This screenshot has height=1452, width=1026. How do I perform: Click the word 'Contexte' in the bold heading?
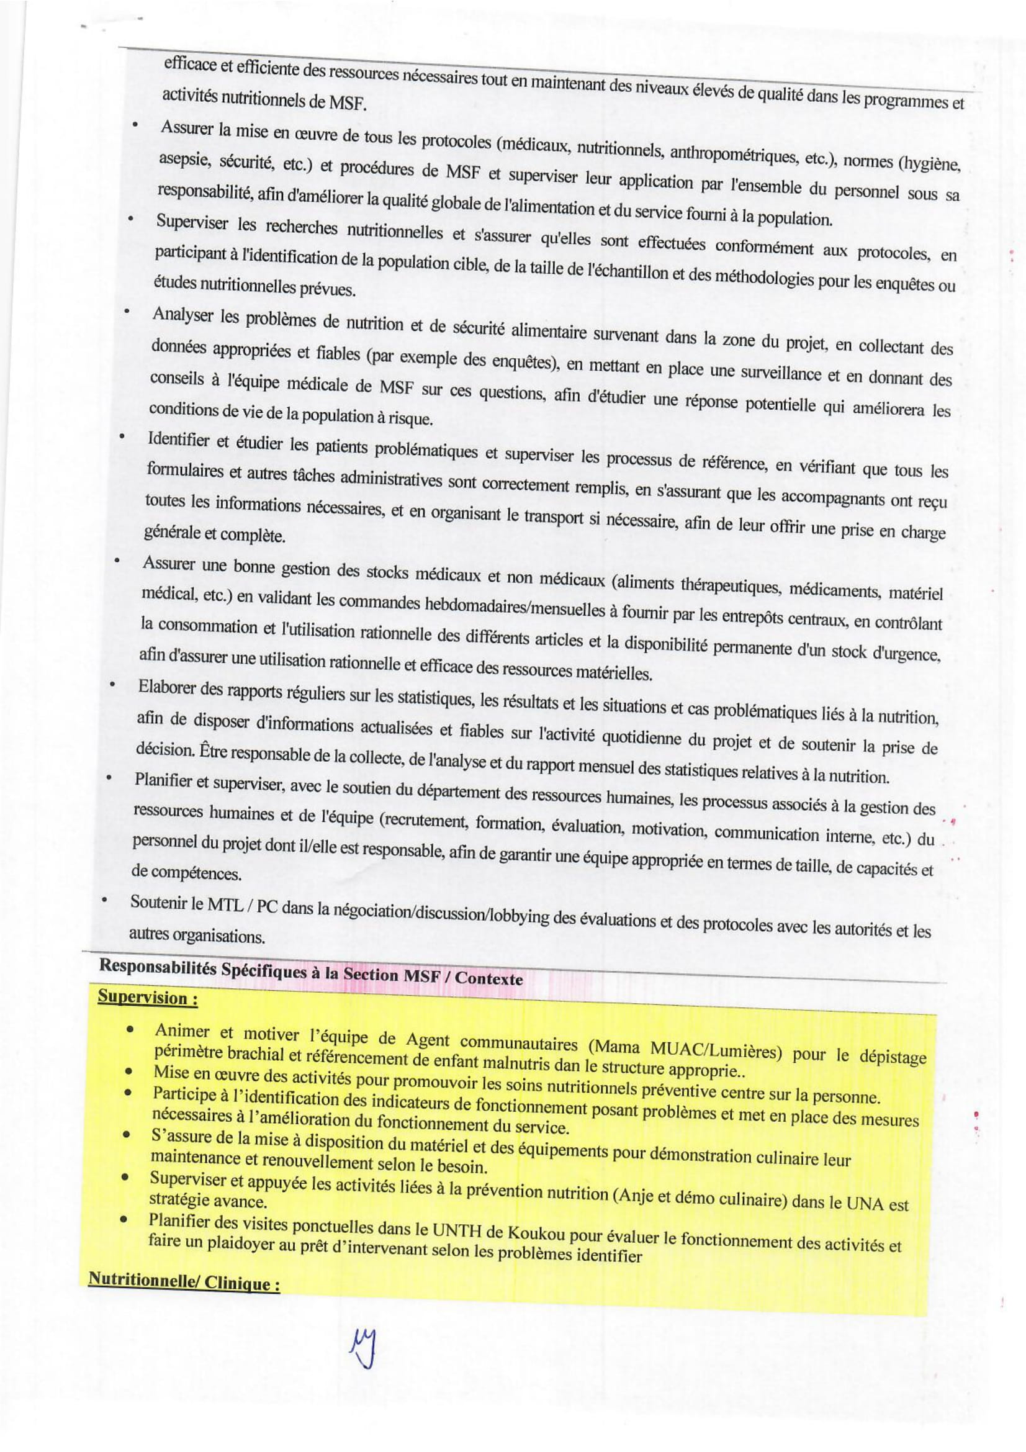coord(488,979)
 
